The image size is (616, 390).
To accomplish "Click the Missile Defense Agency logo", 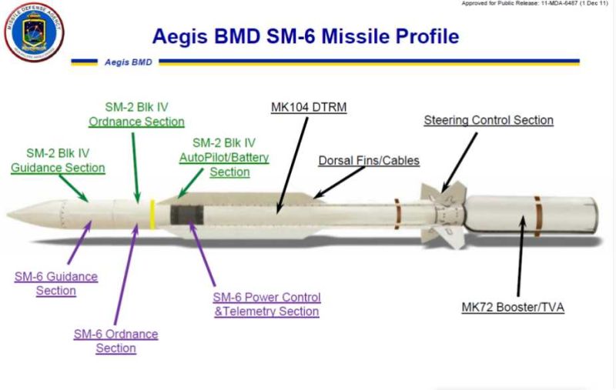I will tap(34, 32).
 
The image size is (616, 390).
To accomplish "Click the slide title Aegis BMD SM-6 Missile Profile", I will tap(305, 35).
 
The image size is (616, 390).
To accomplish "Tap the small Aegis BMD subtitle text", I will tap(126, 62).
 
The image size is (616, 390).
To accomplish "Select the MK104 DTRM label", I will tap(309, 107).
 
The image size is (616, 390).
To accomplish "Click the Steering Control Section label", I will tap(489, 120).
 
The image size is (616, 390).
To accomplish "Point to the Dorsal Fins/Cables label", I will tap(369, 161).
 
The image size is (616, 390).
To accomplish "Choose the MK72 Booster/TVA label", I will tap(513, 308).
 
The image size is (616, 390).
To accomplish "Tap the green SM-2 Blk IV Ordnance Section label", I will tap(137, 114).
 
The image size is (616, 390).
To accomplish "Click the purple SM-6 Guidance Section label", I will tap(56, 283).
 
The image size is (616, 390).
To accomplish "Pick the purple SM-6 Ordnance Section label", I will tap(115, 341).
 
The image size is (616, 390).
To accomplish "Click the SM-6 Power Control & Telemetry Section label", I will tap(266, 304).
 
